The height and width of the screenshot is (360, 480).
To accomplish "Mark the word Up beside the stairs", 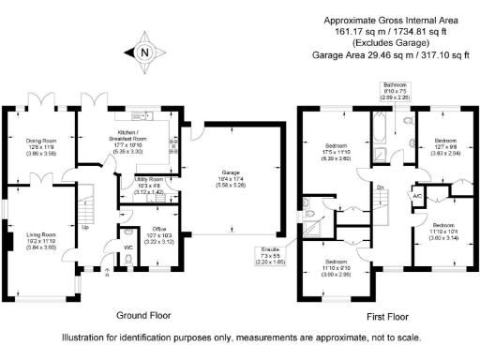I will (x=84, y=227).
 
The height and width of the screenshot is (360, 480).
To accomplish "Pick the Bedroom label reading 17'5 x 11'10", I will (x=336, y=152).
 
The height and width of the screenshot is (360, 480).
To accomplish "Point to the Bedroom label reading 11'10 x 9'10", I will (x=335, y=267).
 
